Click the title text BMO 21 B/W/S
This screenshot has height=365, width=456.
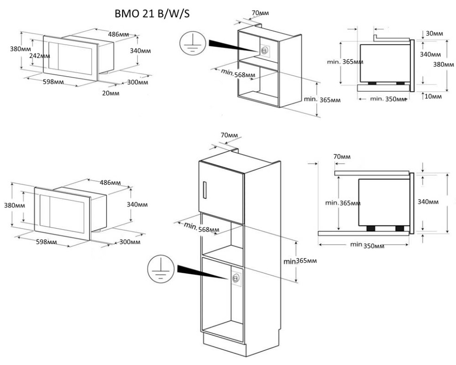(152, 15)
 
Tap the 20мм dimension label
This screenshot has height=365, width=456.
(111, 93)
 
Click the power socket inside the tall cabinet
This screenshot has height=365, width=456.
(235, 278)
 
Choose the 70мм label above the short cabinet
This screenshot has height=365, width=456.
(260, 13)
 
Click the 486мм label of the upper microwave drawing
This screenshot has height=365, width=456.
(119, 34)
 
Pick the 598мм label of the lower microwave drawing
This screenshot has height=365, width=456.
(46, 242)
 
